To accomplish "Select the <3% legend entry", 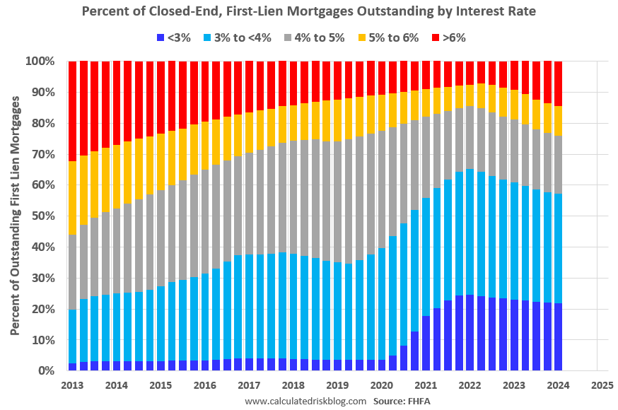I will [x=175, y=37].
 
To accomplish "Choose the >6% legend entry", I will [x=450, y=37].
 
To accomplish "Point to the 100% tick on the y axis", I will [x=41, y=61].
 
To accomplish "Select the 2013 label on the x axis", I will [x=72, y=385].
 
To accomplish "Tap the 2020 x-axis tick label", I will [x=381, y=385].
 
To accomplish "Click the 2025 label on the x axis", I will [x=602, y=385].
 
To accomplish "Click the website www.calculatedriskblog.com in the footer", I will [x=305, y=401].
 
